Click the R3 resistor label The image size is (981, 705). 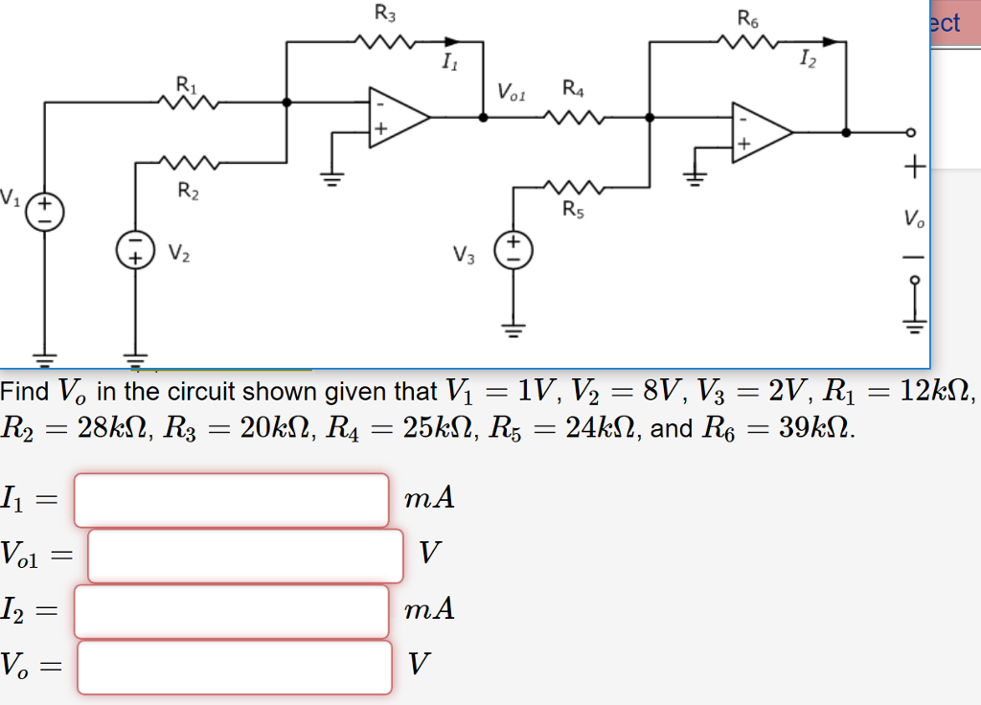[383, 13]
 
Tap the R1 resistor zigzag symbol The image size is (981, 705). [192, 100]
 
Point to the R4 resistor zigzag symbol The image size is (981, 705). [572, 117]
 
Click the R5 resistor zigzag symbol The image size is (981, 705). [571, 186]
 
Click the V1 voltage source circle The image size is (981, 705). [44, 210]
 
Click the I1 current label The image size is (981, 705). [448, 63]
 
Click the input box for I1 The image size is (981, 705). [231, 499]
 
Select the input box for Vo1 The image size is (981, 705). [245, 555]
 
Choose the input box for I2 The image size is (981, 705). [231, 611]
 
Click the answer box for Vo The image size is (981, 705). [234, 666]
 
